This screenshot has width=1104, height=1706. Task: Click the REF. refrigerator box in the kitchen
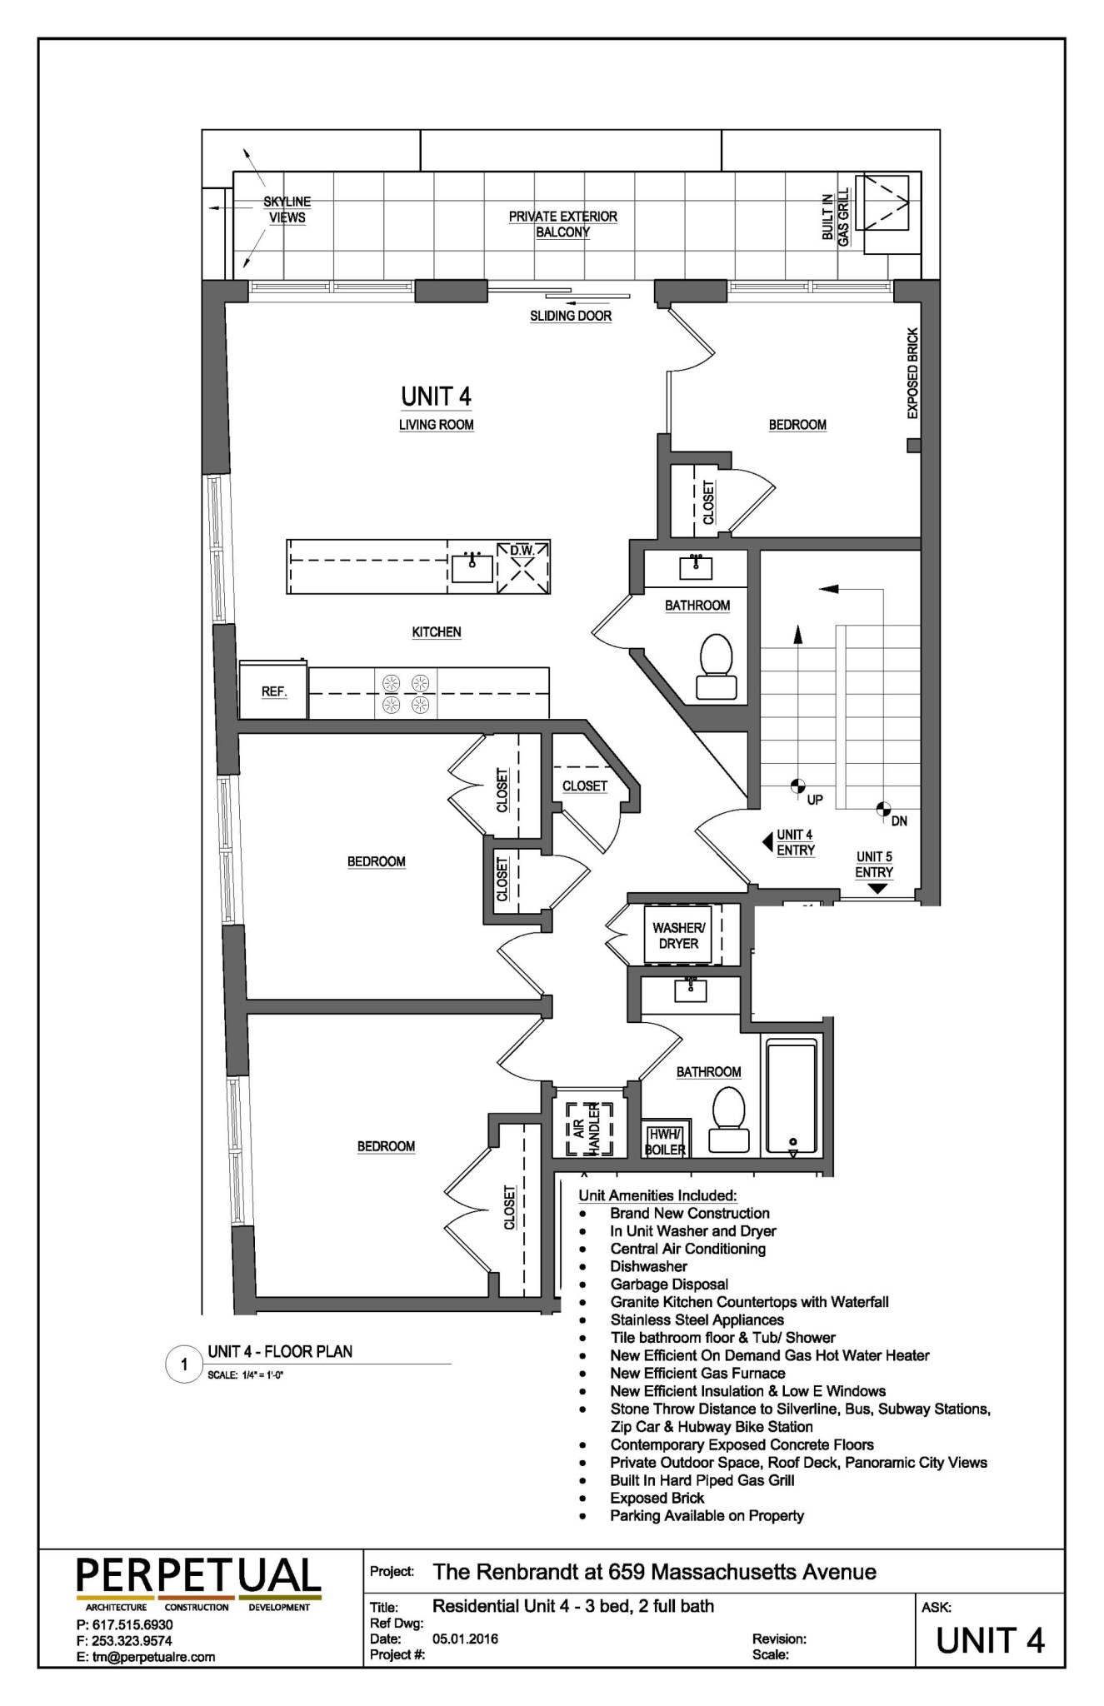click(273, 691)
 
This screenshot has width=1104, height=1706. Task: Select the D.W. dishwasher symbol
click(523, 567)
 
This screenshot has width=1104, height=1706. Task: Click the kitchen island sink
click(472, 567)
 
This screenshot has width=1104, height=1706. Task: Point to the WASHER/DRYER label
click(678, 935)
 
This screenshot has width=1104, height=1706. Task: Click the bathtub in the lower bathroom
click(791, 1095)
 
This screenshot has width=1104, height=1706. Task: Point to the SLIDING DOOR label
click(571, 317)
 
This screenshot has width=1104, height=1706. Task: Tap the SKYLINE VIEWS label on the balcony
click(287, 210)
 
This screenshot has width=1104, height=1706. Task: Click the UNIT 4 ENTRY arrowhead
click(767, 842)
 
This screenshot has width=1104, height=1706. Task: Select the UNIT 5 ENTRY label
click(874, 865)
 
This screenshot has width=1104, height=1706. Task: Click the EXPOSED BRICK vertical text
click(912, 373)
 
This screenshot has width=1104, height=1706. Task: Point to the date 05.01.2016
click(466, 1638)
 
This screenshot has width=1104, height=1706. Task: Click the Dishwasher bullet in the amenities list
click(648, 1266)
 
